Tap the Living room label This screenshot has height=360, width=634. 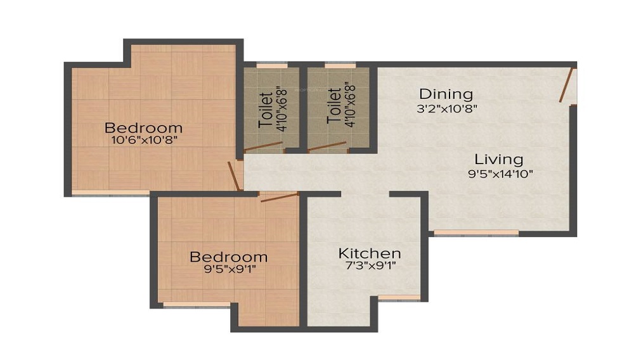[499, 159]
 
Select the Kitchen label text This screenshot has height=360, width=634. [369, 254]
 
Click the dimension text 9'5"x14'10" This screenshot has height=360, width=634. [499, 173]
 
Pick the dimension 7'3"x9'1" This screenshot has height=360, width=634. [369, 267]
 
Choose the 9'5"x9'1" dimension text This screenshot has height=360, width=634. [228, 269]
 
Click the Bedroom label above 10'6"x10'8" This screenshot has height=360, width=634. [143, 127]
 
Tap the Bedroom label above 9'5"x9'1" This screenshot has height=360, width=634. [228, 257]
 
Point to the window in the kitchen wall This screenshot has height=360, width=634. [399, 297]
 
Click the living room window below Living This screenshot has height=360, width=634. [475, 233]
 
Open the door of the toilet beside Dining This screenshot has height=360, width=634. [328, 147]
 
